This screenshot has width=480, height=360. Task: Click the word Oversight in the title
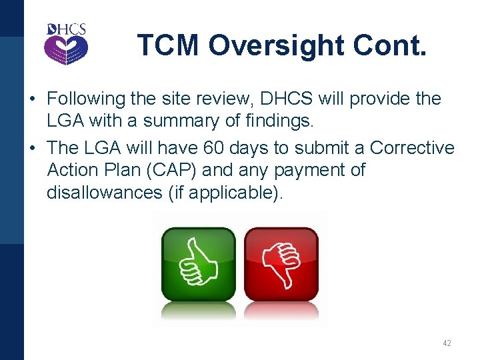(x=279, y=45)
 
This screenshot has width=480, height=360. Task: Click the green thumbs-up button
(x=198, y=265)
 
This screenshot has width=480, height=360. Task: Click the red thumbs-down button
(x=281, y=265)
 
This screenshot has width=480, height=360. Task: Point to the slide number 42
(x=447, y=343)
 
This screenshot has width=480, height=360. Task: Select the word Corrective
(x=412, y=147)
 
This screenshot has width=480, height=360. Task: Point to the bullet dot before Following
(x=32, y=99)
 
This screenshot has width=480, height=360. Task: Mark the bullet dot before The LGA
(x=32, y=148)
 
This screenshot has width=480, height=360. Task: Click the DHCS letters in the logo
(x=66, y=29)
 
